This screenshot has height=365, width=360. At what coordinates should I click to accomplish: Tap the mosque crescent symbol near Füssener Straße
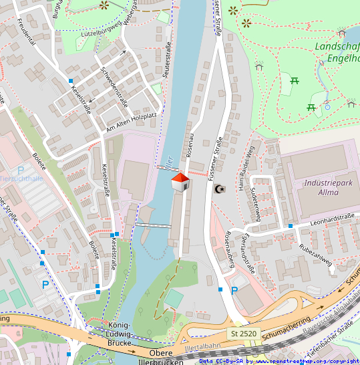click(217, 190)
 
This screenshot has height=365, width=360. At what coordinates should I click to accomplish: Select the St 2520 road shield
click(244, 333)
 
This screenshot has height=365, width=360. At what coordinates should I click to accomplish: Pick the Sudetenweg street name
click(254, 199)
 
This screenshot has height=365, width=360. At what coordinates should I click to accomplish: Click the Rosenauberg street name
click(228, 249)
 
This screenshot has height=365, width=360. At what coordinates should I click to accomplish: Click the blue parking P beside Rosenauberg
click(234, 291)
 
